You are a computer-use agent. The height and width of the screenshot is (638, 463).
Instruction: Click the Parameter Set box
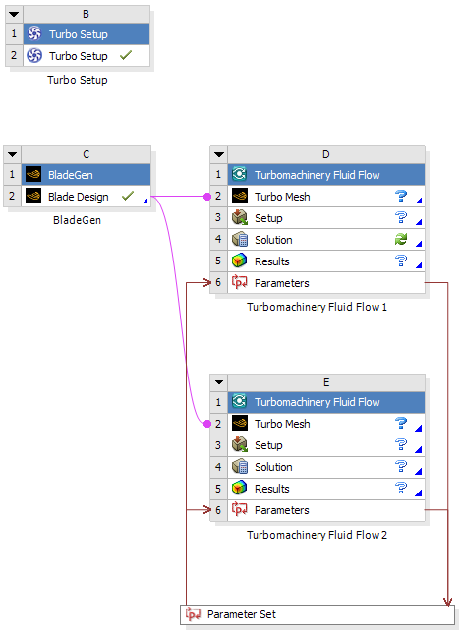(318, 614)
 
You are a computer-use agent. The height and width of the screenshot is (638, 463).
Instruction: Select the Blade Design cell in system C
(86, 197)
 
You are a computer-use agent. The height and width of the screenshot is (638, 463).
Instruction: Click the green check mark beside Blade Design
(128, 197)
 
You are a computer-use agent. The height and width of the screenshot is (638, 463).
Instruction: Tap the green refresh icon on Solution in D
(401, 239)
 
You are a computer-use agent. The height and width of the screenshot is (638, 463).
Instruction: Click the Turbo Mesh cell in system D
(326, 197)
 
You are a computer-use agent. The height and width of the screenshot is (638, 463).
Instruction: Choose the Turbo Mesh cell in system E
(326, 424)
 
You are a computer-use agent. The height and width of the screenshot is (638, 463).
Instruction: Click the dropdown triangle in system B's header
(14, 14)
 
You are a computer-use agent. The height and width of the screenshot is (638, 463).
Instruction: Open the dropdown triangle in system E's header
(219, 382)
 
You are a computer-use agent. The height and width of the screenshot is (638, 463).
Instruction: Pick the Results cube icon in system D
(239, 261)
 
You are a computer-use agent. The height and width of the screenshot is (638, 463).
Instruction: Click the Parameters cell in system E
(326, 510)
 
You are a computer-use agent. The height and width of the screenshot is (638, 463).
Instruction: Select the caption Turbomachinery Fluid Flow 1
(317, 307)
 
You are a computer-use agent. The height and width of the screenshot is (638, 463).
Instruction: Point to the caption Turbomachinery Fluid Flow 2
(317, 535)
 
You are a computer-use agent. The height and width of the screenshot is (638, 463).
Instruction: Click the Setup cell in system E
(326, 445)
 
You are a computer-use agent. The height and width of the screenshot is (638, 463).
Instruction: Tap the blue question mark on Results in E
(401, 488)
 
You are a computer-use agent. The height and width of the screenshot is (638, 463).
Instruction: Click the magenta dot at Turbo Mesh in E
(207, 424)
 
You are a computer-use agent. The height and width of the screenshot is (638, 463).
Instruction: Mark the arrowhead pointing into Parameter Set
(447, 602)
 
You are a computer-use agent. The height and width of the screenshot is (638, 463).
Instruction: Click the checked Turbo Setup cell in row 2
(87, 56)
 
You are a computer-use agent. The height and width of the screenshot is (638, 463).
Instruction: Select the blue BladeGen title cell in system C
(86, 175)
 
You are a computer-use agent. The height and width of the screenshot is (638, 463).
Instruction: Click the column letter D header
(326, 154)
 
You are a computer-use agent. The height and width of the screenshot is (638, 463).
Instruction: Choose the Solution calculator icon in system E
(239, 466)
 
